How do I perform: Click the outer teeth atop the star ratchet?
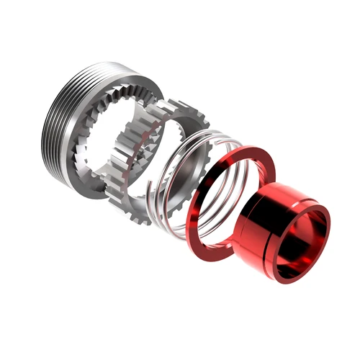[x=173, y=108]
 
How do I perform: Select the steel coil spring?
[x=184, y=180]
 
